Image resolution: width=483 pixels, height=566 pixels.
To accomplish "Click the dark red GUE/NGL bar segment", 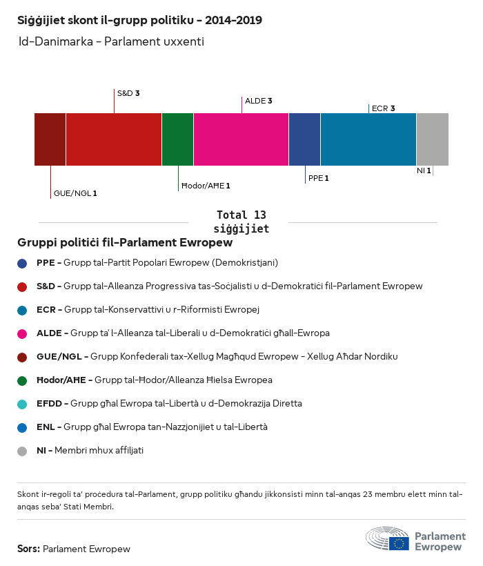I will tap(50, 139).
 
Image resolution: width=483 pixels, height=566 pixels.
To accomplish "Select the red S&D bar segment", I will tap(114, 139).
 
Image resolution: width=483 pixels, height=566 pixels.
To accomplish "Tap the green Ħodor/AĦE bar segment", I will tap(177, 139).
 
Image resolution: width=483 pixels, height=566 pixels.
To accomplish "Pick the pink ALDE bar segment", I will tap(241, 139).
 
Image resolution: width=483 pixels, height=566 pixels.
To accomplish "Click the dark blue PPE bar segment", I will tap(304, 139).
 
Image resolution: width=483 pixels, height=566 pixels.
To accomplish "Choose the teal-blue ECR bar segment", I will tap(368, 139).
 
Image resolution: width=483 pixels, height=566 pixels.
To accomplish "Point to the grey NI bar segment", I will tap(432, 139).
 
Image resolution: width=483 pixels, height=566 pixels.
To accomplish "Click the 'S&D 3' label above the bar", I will tap(128, 92).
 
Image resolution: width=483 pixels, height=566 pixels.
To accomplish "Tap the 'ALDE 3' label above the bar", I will tap(258, 101).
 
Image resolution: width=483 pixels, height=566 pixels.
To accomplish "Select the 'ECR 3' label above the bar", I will tap(383, 108).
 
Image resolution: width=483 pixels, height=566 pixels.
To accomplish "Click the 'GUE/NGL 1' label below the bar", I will tap(75, 194).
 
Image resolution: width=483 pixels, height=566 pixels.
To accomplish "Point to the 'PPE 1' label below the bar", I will tap(318, 178).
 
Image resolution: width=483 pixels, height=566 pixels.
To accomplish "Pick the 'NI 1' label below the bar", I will tap(424, 170).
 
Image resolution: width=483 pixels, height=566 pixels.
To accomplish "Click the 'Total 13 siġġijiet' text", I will tap(241, 222).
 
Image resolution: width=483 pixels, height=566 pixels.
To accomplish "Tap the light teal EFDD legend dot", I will tap(22, 404).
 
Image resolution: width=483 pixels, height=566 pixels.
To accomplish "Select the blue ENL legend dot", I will tap(22, 427).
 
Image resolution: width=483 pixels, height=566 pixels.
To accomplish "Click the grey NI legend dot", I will tap(22, 451).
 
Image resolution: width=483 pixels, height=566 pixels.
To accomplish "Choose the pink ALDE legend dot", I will tap(22, 333).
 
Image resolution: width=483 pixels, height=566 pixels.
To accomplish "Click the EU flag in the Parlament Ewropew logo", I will tap(399, 543).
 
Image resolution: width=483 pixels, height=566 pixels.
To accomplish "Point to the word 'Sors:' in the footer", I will tap(28, 549).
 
